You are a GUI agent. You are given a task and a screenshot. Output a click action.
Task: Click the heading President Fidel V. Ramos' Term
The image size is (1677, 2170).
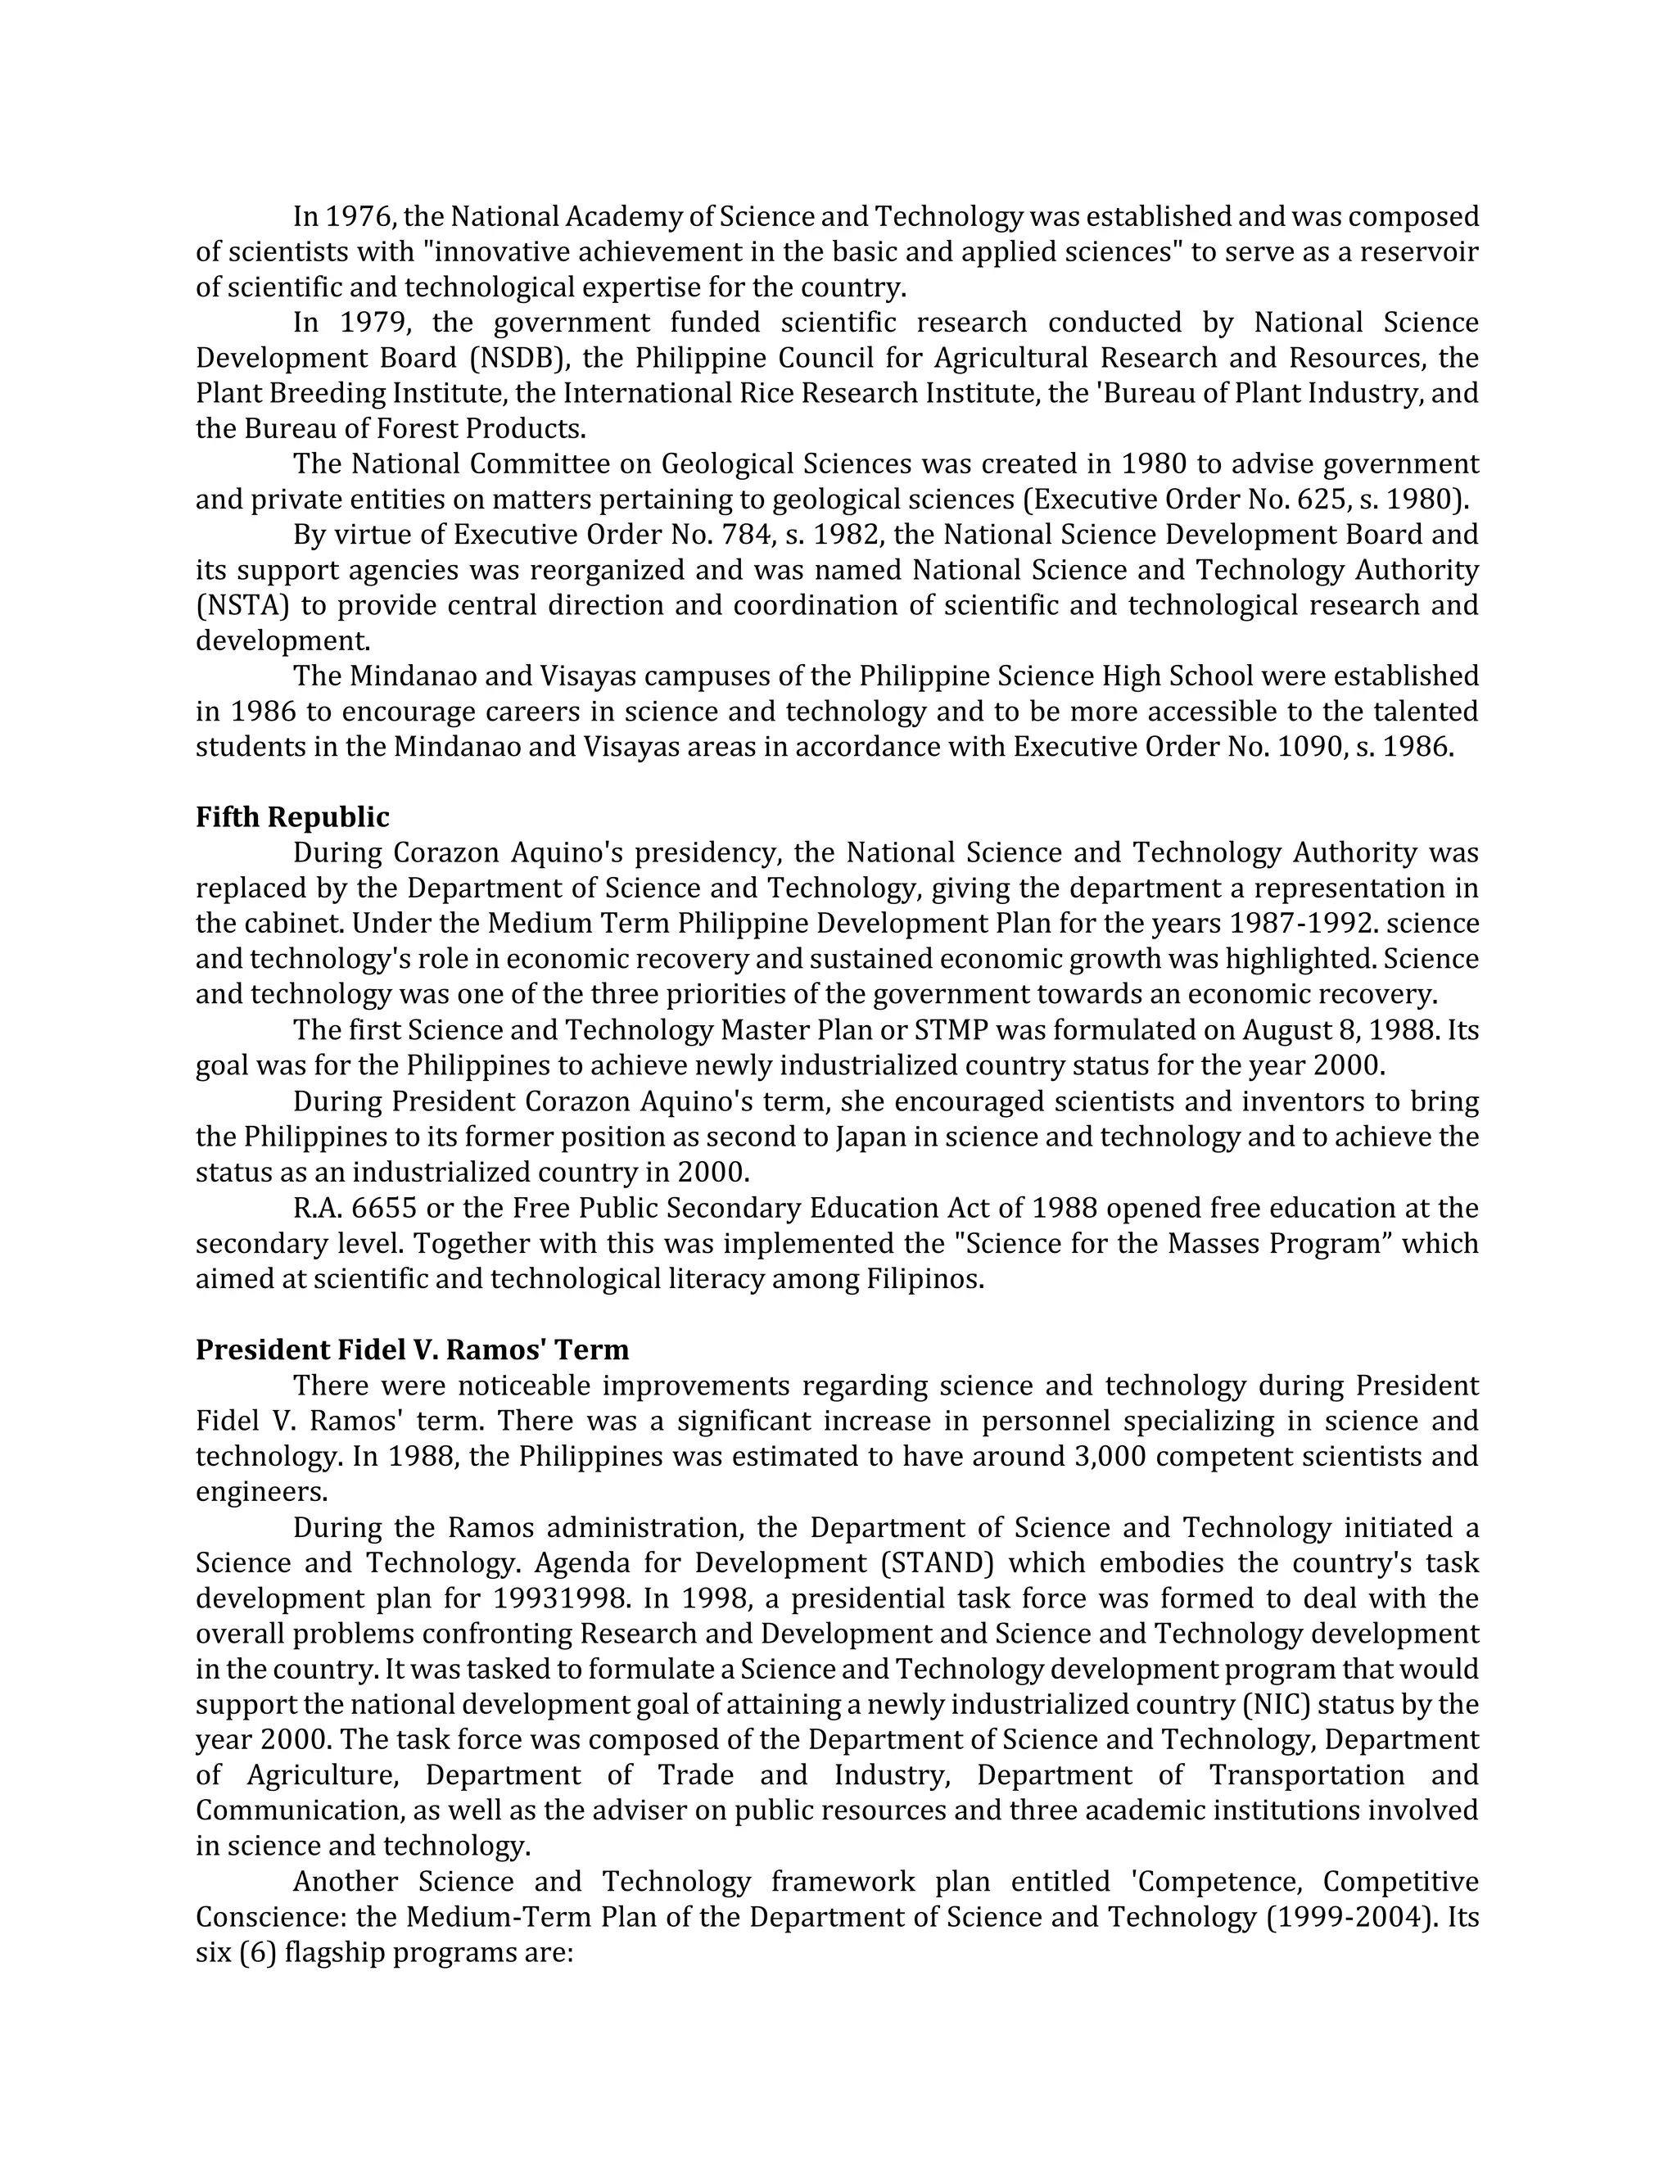(413, 1349)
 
